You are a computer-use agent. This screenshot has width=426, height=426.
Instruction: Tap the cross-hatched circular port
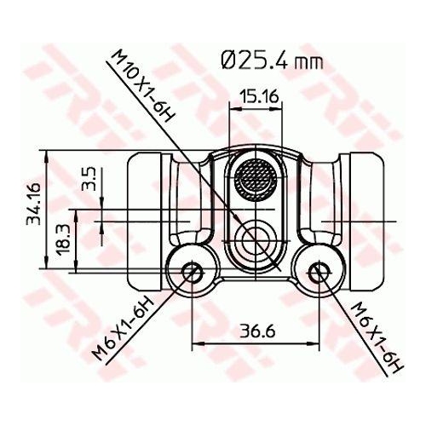[255, 179]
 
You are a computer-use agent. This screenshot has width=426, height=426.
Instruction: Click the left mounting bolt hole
[193, 272]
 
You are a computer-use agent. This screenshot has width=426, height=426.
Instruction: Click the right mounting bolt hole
[318, 272]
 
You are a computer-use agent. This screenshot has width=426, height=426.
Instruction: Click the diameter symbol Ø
[227, 61]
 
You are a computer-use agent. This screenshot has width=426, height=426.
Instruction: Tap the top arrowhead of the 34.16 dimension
[46, 156]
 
